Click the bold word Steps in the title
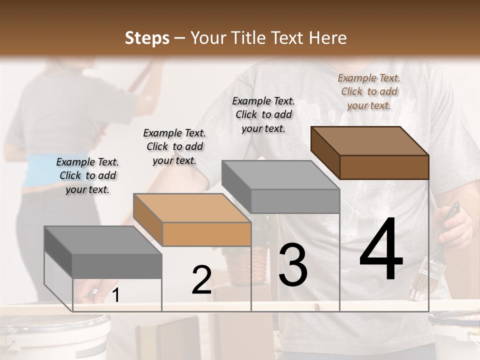point(147,38)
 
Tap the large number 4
point(381,250)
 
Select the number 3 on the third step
point(293,265)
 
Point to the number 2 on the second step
point(201,280)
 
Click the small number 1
point(115,295)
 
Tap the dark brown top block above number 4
point(370,152)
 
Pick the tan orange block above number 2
point(192,220)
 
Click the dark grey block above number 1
point(103,252)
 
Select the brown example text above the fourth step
point(369,91)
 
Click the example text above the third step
point(263,114)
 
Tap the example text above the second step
point(174,146)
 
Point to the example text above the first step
point(87,175)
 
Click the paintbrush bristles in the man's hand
point(420,282)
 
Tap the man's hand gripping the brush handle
point(452,225)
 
